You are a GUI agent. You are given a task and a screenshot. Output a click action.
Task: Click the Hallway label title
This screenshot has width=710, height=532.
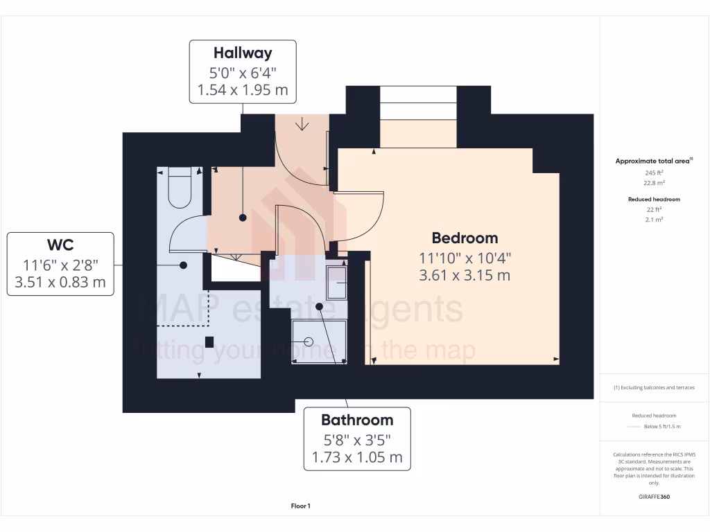pos(243,53)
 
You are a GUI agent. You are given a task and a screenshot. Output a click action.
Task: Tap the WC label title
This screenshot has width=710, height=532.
pos(60,244)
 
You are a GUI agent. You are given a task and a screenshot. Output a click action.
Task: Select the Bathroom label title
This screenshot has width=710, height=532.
pos(357,420)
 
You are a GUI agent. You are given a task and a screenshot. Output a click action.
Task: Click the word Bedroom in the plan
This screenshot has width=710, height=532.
pos(465,238)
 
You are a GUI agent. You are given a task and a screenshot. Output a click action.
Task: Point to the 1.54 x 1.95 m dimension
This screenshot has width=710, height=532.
pos(243,90)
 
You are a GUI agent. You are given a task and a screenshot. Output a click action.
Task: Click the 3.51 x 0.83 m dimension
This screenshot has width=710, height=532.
pos(60,282)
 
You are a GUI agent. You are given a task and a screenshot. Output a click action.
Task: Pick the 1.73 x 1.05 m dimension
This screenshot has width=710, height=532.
pos(357,457)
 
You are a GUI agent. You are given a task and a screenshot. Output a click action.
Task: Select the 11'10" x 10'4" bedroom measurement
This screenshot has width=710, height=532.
pos(465,257)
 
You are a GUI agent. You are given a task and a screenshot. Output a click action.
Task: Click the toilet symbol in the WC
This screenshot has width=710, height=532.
pos(180,188)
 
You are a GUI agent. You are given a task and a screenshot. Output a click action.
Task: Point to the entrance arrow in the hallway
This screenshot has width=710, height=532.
pos(302,125)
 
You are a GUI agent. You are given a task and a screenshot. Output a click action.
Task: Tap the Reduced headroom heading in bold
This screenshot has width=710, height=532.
pos(654,199)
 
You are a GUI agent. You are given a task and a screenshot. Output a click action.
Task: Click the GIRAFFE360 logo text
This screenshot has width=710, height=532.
pos(654,496)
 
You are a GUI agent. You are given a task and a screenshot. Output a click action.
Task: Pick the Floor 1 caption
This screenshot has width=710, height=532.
pos(300,506)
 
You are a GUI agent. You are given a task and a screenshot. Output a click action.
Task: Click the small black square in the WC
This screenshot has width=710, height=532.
pos(209,341)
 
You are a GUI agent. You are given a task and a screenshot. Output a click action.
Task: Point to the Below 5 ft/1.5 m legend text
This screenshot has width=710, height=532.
pos(662,426)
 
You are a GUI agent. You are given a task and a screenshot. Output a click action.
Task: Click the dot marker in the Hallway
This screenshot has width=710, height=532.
pos(243,218)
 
